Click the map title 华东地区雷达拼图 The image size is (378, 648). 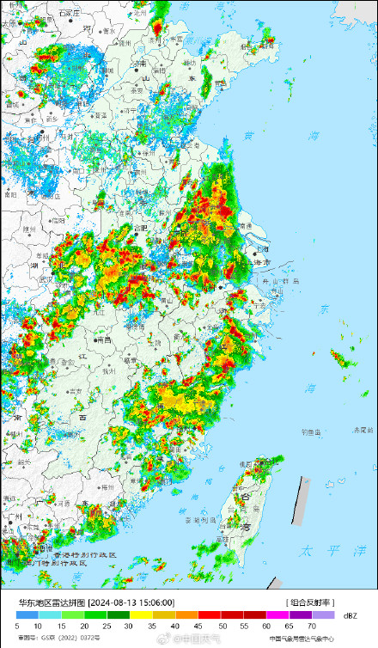[x=45, y=602]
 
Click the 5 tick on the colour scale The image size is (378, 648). [x=16, y=627]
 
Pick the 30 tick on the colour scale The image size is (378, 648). [x=128, y=627]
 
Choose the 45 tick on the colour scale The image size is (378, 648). [x=198, y=627]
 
